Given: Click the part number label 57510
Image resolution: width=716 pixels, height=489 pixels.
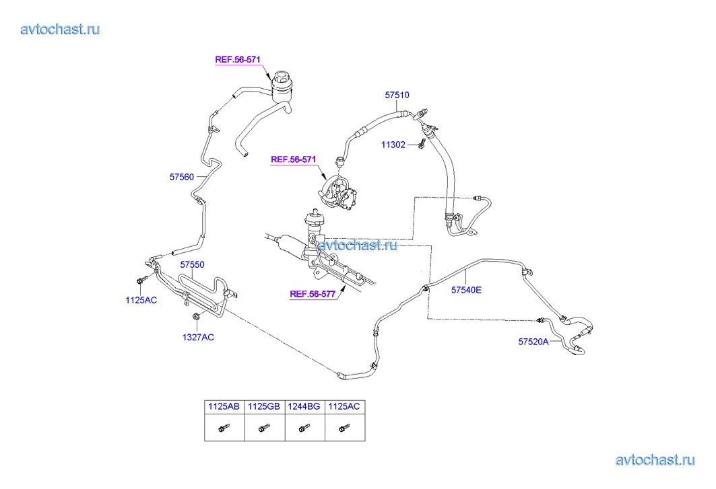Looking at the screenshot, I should (x=397, y=96).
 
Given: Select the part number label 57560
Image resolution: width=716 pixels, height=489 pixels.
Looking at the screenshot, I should (x=181, y=177).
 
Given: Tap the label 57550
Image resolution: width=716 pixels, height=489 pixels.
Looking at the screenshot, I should (x=192, y=265).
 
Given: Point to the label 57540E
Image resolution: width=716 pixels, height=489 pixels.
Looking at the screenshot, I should (x=466, y=291).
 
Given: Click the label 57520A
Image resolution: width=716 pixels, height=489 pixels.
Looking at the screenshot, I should (x=533, y=342).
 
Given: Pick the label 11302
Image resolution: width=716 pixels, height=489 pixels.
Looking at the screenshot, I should (x=393, y=145).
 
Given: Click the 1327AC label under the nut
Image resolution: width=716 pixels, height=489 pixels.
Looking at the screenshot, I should (x=198, y=337).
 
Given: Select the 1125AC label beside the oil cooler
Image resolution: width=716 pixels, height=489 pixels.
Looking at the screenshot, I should (x=141, y=300).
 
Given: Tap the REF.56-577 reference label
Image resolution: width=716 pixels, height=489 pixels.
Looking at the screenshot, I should (x=313, y=294).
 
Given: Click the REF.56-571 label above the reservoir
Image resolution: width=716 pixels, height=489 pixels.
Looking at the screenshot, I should (x=238, y=59).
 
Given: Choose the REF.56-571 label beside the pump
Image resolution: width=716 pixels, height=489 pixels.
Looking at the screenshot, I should (x=294, y=159).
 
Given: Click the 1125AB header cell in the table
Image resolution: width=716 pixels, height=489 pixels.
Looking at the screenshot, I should (x=224, y=406).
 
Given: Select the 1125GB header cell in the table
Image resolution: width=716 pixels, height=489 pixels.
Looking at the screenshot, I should (x=264, y=406).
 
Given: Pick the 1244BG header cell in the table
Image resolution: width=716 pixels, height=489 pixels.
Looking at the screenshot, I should (x=304, y=406).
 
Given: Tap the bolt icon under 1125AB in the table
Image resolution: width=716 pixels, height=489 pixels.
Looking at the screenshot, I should (x=223, y=427).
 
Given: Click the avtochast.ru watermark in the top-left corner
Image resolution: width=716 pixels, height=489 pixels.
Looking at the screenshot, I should (x=61, y=29).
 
